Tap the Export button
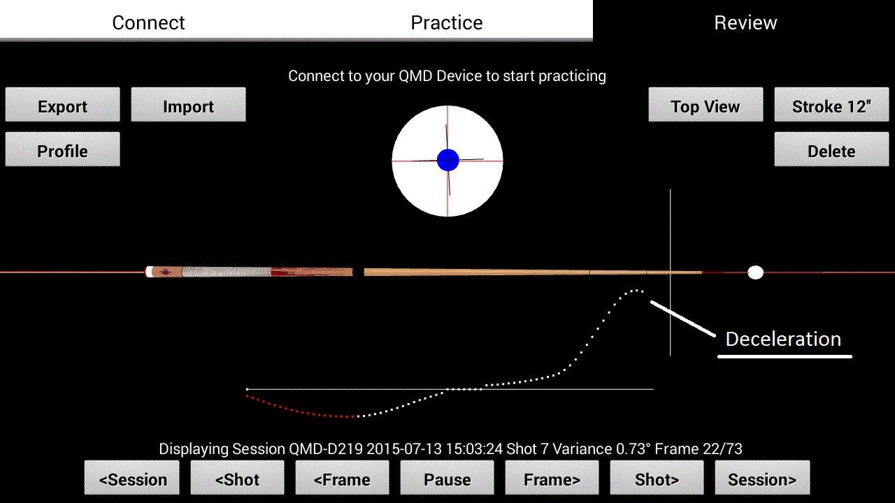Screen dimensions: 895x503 [x=63, y=105]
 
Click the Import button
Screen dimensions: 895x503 [x=189, y=105]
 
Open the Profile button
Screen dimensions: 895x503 [x=63, y=150]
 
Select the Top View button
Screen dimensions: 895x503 [x=706, y=105]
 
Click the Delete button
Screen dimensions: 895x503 [x=831, y=150]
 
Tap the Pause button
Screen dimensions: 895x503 [x=447, y=478]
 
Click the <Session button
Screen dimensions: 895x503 [x=132, y=478]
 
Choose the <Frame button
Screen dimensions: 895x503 [x=342, y=478]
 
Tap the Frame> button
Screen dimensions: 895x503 [x=552, y=478]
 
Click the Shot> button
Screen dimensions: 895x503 [x=657, y=478]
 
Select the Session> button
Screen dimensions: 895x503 [x=762, y=478]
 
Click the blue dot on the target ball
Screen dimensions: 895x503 [x=448, y=160]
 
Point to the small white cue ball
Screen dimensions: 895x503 [x=756, y=272]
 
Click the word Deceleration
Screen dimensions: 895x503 [x=783, y=339]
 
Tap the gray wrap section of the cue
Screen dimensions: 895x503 [x=226, y=272]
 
